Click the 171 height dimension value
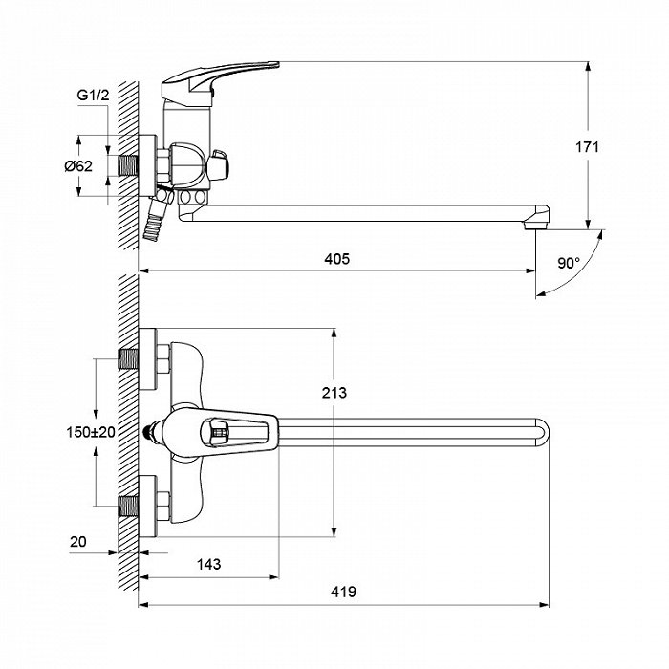click(588, 147)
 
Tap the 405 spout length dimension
click(337, 259)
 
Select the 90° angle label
click(569, 263)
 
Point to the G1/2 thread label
click(93, 95)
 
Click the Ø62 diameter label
click(78, 165)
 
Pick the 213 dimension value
click(334, 393)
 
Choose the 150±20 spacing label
click(91, 432)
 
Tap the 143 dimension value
click(209, 564)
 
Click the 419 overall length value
click(343, 592)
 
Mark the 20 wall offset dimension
click(78, 542)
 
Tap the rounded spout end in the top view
click(542, 432)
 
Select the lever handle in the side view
click(221, 77)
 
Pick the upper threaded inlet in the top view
click(128, 358)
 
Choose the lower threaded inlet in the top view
click(128, 506)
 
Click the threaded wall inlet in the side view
click(128, 165)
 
